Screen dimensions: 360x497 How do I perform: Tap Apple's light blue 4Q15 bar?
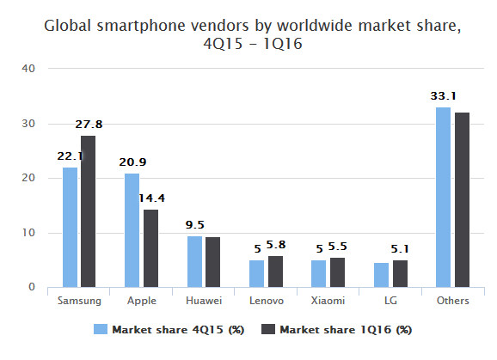tap(132, 230)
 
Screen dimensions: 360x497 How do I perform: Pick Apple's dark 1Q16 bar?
tap(150, 248)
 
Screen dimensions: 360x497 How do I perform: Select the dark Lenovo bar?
tap(275, 272)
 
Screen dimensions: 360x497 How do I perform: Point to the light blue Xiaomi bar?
tap(319, 273)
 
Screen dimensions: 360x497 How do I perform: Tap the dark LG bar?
tap(400, 273)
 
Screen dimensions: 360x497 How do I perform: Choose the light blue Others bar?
tap(444, 197)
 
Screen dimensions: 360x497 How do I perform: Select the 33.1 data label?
tap(443, 96)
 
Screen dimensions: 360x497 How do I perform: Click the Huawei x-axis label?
tap(203, 302)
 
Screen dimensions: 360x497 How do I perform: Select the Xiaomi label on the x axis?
tap(328, 302)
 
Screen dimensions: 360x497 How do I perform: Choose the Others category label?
tap(452, 302)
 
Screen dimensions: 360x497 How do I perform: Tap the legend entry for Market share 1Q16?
tap(339, 329)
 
